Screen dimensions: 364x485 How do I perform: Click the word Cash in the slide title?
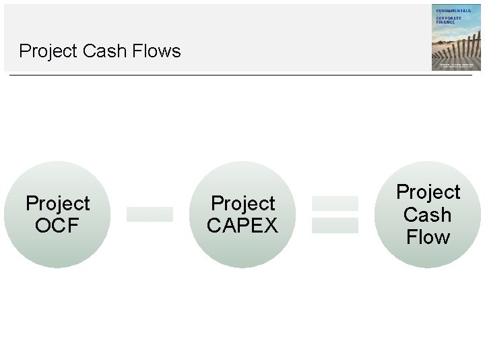101,51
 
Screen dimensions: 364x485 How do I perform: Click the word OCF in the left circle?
57,225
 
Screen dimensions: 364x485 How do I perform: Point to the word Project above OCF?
57,203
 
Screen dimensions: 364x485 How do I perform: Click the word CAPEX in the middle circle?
243,225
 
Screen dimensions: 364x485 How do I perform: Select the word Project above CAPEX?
243,203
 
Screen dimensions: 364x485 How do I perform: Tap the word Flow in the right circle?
428,237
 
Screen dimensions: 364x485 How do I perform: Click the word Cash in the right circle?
428,215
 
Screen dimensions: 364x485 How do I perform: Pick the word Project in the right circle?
428,192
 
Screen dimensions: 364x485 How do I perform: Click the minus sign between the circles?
150,214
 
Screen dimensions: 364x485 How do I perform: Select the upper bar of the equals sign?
335,203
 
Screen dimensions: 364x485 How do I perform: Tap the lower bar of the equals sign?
335,226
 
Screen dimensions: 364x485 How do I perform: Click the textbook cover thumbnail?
456,37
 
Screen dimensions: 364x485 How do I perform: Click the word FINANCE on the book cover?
445,22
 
